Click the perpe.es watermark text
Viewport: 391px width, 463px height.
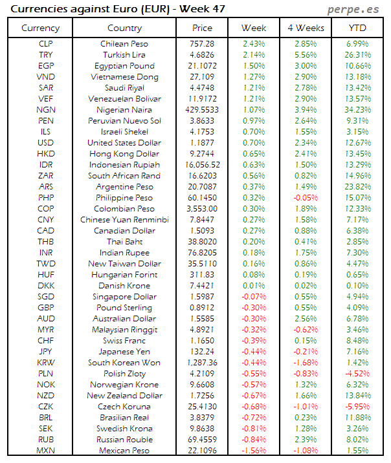355,9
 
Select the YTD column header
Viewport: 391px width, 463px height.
358,28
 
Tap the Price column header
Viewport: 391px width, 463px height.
202,28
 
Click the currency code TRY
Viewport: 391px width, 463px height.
46,55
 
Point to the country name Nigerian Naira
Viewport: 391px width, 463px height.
124,110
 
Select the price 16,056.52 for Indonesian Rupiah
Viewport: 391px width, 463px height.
202,165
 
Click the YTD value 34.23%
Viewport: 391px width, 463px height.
358,110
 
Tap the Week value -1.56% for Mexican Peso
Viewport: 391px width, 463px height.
253,451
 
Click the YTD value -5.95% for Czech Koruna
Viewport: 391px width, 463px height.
358,407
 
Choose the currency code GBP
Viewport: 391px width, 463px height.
46,308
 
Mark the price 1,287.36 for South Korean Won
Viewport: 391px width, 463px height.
202,363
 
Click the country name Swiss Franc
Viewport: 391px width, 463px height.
124,341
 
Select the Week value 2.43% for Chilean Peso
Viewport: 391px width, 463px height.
253,44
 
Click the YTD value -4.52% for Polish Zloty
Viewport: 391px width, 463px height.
358,374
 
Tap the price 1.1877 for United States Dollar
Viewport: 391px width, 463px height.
202,143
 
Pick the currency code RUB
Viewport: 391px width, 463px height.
46,440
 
